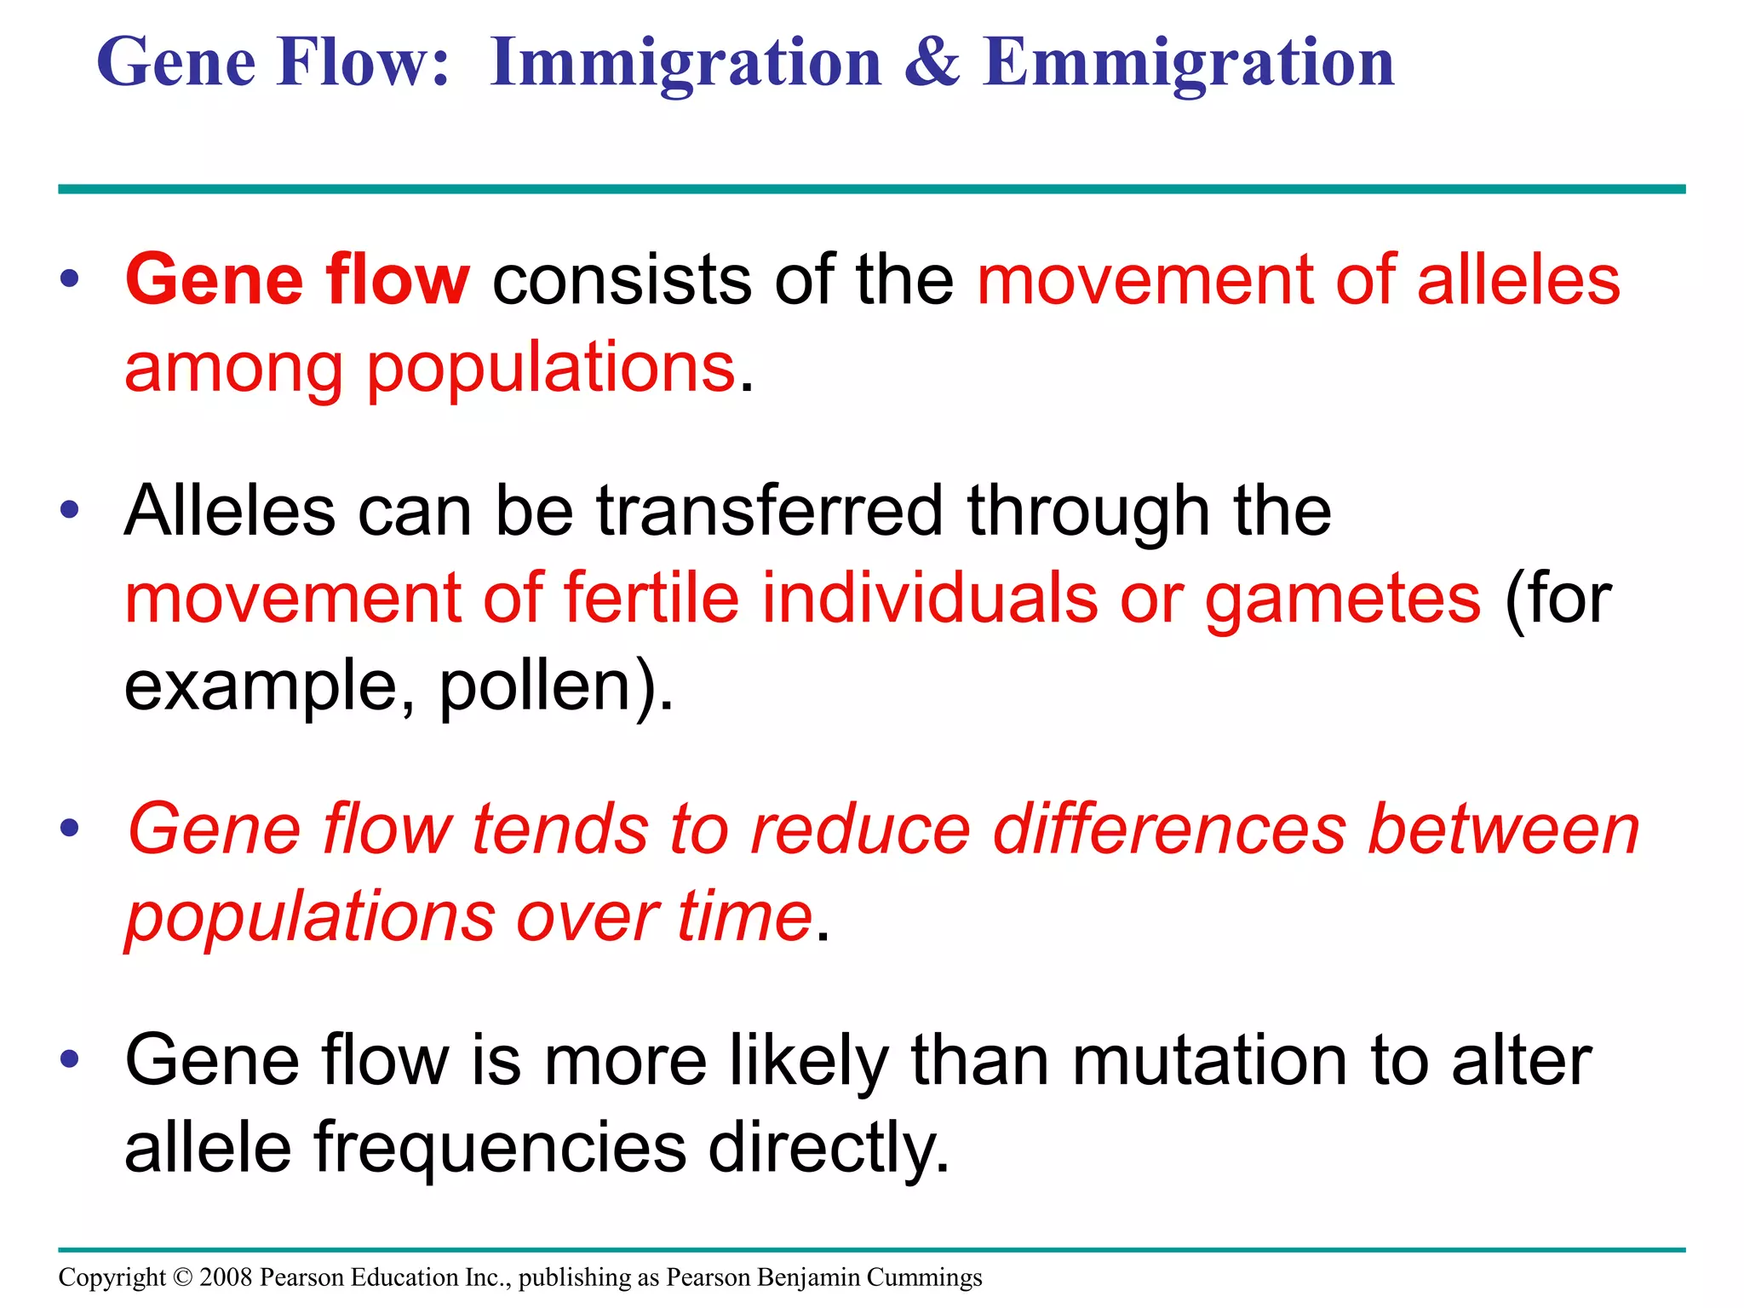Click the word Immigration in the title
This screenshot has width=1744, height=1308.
686,64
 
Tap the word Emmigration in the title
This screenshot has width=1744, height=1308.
1188,64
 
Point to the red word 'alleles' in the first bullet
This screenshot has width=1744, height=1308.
1518,279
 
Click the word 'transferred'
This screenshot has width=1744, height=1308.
770,511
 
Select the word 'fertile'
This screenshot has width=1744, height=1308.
651,598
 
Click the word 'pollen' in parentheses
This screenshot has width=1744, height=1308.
537,686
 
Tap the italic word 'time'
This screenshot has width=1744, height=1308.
744,917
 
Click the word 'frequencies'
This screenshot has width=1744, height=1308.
500,1150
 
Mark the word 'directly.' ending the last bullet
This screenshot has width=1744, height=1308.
829,1150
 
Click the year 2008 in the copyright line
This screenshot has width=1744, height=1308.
226,1277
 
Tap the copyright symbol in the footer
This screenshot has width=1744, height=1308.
182,1277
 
